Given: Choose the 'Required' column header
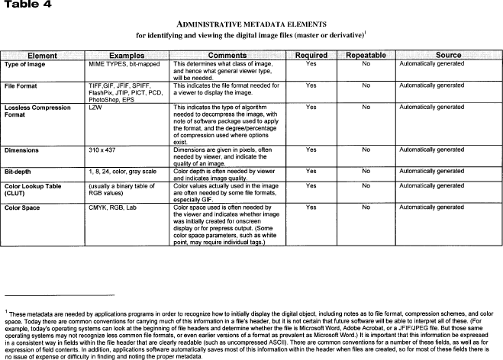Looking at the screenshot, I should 311,56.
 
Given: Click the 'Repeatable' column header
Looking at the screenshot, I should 366,56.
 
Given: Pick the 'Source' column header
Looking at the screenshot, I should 448,56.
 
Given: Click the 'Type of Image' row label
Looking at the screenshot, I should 27,65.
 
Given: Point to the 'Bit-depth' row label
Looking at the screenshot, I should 21,172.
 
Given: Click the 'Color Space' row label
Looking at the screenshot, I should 25,207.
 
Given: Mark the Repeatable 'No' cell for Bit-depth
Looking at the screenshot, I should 366,172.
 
